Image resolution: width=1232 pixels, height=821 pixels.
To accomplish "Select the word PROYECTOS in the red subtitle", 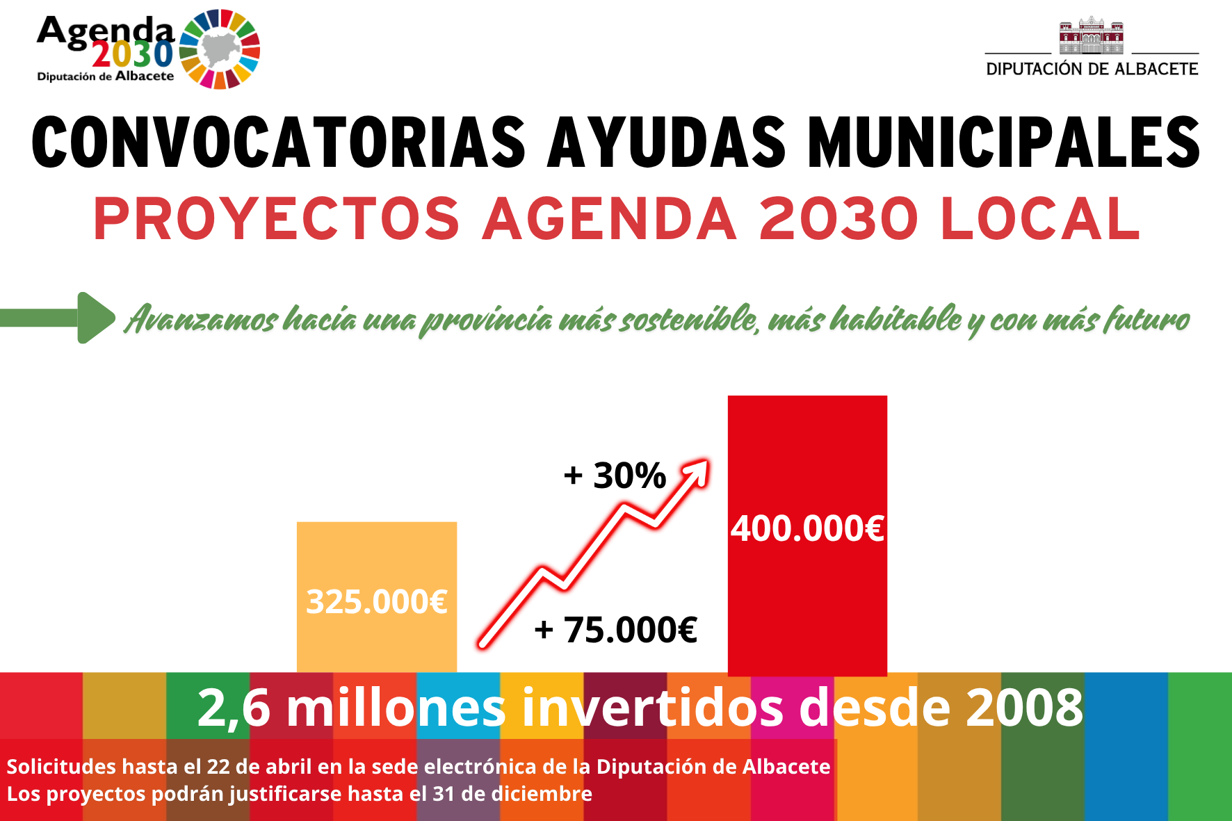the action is [x=277, y=219].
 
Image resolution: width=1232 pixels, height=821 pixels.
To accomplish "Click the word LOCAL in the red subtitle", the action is [x=1040, y=219].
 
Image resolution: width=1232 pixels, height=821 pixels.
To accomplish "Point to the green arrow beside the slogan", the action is [x=57, y=318].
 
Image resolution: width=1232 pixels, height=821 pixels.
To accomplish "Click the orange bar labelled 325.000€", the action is [x=377, y=597].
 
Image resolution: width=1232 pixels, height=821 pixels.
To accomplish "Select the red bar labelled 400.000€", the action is [x=807, y=535].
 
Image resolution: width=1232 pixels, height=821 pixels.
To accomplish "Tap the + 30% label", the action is [x=615, y=475].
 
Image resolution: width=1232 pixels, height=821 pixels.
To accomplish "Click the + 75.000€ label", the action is [x=615, y=630].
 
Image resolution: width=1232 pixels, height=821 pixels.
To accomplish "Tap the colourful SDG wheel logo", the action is [x=220, y=49].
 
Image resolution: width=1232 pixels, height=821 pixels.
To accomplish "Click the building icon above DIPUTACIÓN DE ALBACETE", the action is [x=1092, y=35].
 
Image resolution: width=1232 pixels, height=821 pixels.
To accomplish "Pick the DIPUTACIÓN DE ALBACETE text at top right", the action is [x=1092, y=69].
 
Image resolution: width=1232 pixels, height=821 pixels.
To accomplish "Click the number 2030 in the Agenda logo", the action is [x=133, y=54].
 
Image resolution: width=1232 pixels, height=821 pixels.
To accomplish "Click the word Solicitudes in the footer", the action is [x=61, y=766].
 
